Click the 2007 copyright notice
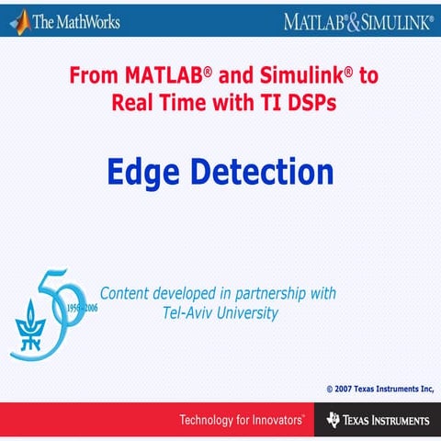(379, 389)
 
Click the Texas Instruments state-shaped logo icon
(334, 421)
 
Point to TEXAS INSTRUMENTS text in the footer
(387, 421)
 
